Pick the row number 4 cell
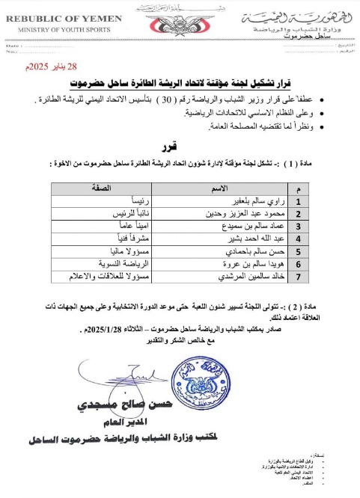pos(277,241)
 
